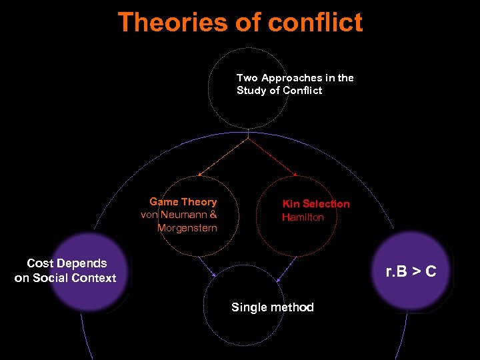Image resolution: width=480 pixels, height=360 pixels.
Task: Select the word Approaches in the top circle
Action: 289,78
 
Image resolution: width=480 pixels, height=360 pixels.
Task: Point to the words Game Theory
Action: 183,202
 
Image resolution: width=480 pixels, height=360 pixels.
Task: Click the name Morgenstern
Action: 187,229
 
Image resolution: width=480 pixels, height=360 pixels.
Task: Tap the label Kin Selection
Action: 316,204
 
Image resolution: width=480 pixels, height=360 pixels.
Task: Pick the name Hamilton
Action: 303,217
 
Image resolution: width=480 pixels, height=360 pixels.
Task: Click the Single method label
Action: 272,307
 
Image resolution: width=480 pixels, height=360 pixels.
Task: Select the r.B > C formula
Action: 411,271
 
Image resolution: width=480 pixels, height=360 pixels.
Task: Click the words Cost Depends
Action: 67,264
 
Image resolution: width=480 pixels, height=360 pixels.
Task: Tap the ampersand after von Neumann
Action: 213,215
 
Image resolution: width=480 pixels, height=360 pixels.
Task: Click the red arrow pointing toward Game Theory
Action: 200,174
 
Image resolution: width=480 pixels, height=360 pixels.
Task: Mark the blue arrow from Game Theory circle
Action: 213,274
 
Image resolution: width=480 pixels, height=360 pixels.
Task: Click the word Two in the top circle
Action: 247,78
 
